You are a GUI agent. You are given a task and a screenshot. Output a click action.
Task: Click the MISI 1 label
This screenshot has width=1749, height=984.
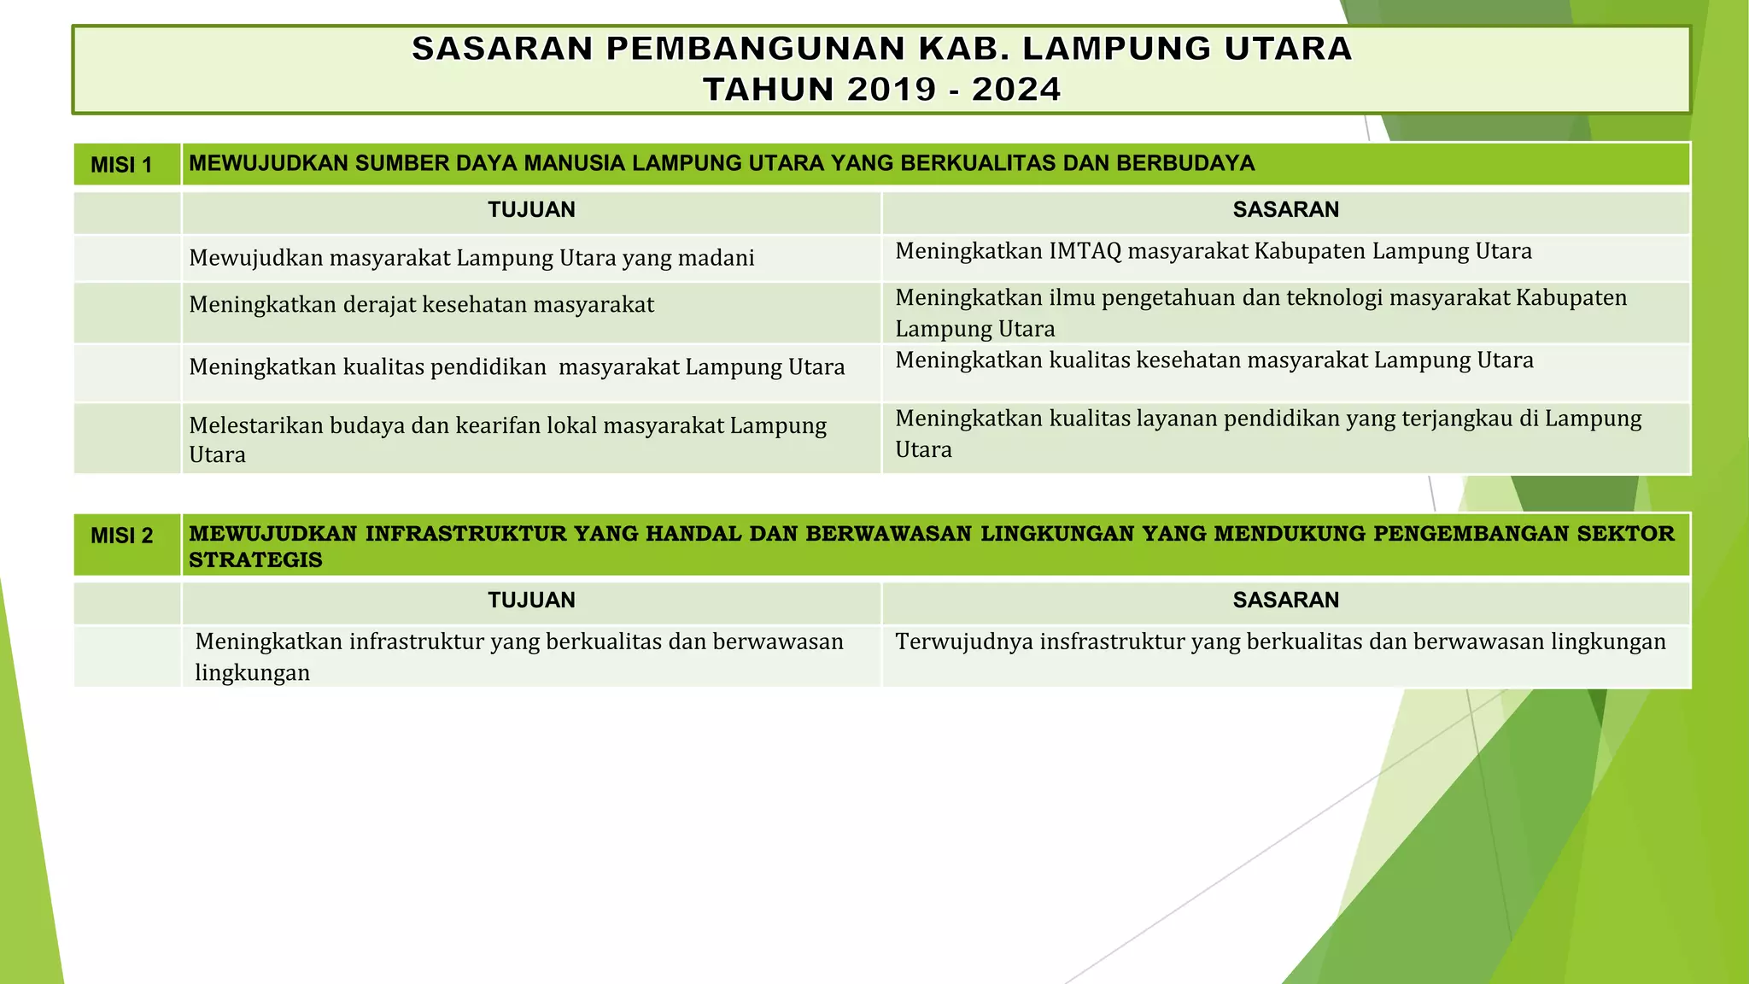coord(121,165)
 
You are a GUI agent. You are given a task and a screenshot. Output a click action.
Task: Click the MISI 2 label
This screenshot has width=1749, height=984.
coord(121,536)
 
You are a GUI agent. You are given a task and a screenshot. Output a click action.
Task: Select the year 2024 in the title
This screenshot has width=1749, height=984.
coord(1016,90)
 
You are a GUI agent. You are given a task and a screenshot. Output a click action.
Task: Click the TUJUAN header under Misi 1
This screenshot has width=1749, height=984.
coord(531,210)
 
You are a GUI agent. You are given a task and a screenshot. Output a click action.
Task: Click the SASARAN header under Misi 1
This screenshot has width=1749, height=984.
coord(1285,210)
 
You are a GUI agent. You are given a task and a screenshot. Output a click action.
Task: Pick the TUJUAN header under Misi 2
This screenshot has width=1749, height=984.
coord(531,600)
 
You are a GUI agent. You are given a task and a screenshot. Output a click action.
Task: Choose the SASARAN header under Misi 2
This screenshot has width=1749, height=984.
coord(1285,600)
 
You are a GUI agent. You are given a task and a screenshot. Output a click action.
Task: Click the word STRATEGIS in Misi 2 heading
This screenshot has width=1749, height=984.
coord(255,560)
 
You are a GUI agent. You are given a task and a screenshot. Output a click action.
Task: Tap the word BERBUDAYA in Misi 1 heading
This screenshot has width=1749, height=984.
coord(1185,163)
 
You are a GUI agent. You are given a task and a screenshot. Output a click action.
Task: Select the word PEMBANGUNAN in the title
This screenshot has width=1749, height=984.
coord(757,49)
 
